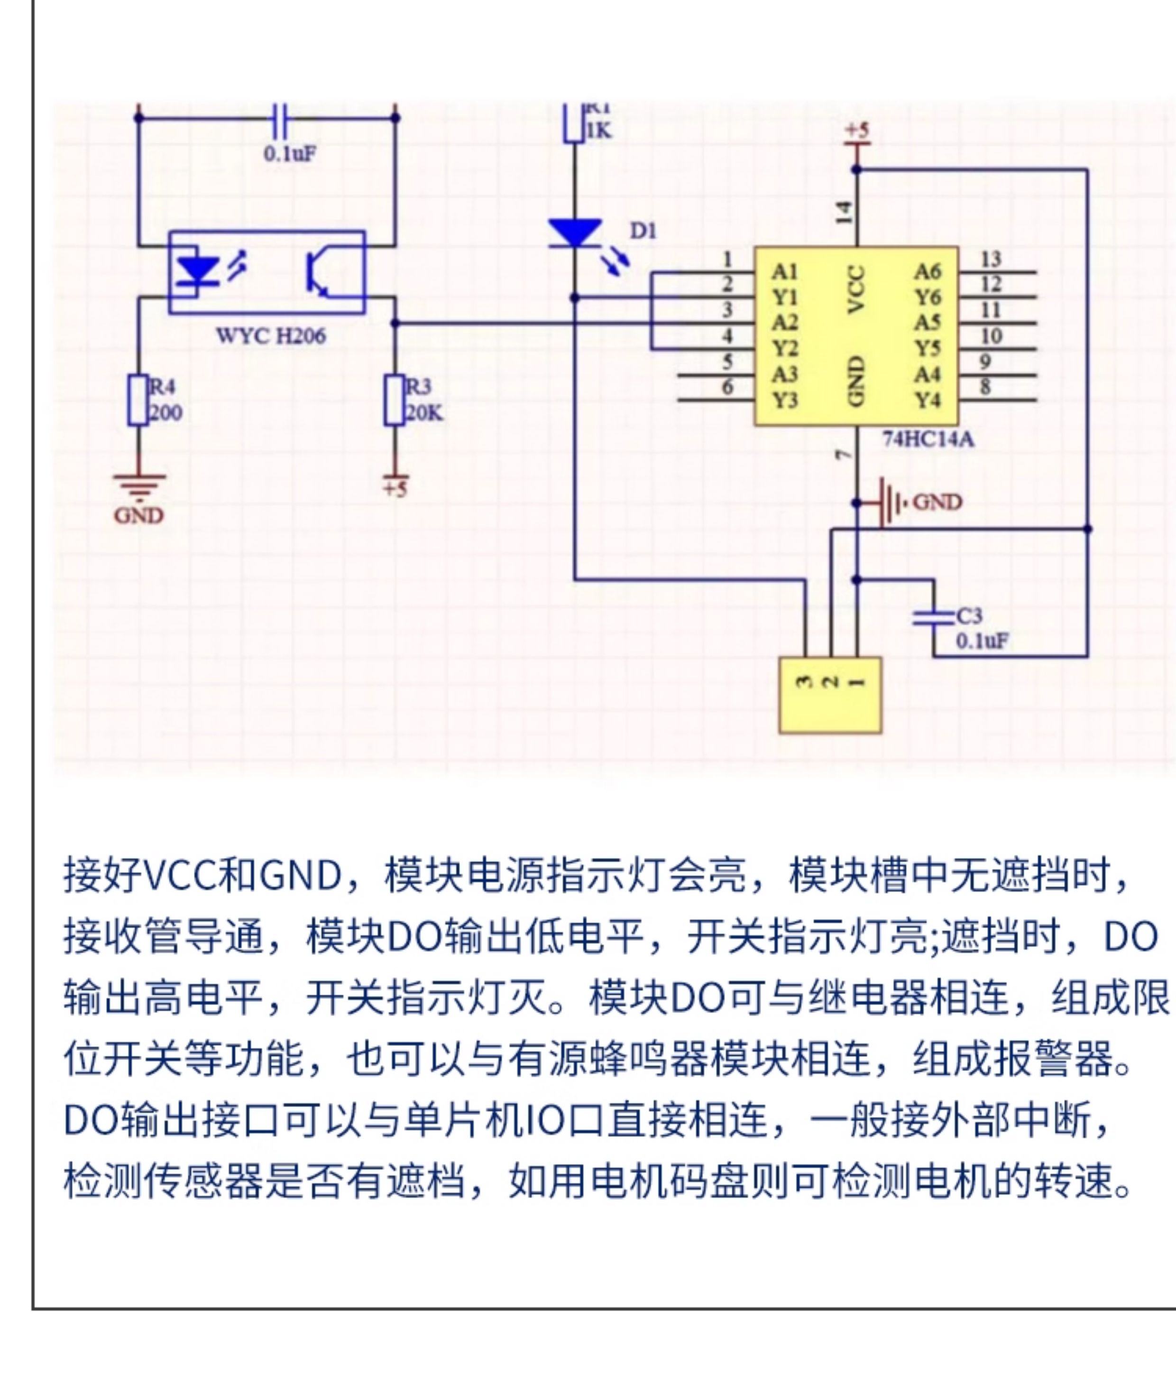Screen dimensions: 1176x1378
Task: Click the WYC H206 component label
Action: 271,335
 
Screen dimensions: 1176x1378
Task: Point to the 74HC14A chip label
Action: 928,439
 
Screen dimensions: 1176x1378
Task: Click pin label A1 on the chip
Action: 784,271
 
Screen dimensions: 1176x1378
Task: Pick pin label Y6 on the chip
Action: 928,297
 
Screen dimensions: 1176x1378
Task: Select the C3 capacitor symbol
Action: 933,618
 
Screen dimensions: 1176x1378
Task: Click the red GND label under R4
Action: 138,515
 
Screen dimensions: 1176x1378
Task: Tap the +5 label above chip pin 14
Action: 856,130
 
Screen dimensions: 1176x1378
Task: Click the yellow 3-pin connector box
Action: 830,696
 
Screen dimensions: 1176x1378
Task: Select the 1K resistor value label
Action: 597,131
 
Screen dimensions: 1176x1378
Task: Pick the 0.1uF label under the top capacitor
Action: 290,154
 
